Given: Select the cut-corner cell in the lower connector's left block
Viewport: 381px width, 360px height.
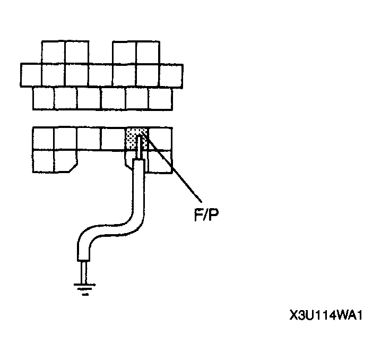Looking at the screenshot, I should click(65, 160).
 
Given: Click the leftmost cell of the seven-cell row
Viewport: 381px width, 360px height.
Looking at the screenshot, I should click(31, 75).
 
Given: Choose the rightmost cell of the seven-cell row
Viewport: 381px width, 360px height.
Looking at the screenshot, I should click(171, 75).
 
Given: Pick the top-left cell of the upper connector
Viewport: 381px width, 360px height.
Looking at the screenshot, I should click(54, 52).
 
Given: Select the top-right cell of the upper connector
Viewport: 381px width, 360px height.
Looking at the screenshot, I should click(148, 52).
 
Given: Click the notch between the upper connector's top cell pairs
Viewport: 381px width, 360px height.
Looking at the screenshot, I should click(101, 52).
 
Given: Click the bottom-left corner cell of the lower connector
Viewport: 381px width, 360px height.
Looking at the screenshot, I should click(43, 161).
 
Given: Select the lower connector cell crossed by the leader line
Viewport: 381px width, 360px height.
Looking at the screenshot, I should click(160, 160).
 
